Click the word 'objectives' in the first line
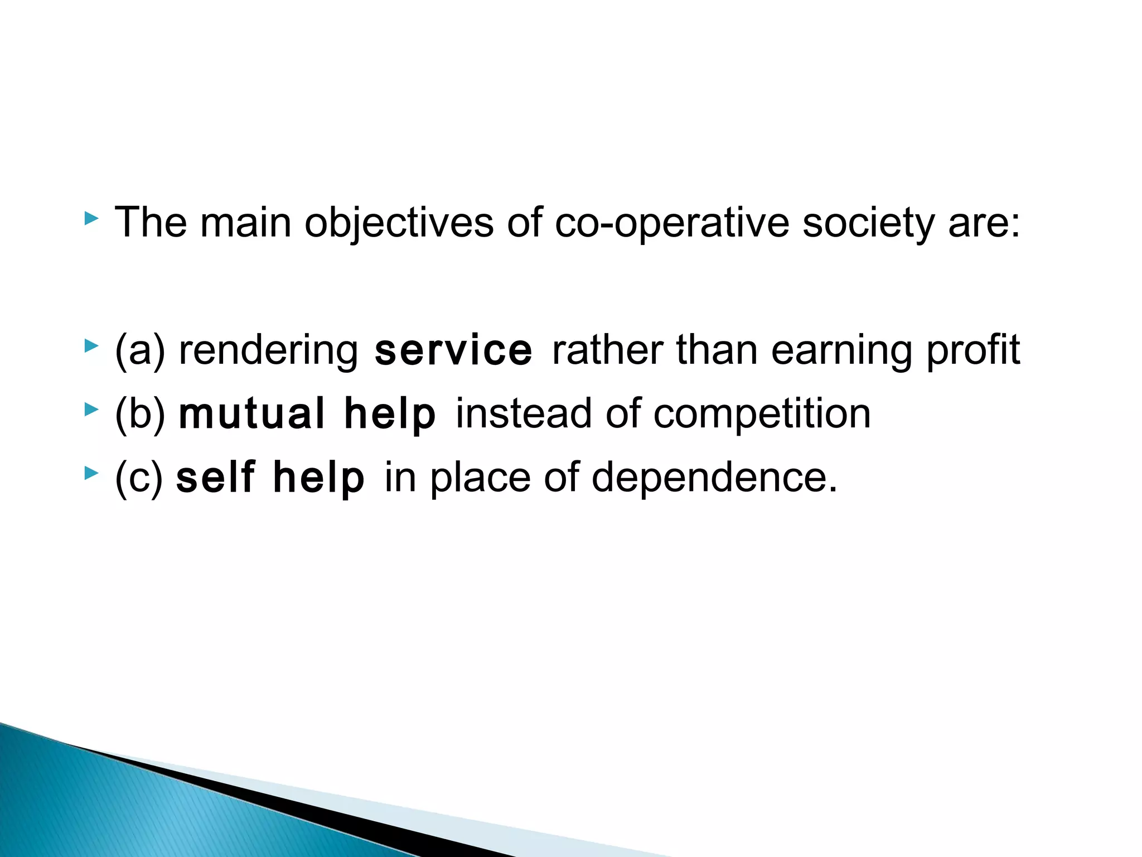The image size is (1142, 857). (399, 223)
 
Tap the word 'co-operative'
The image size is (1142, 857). (672, 223)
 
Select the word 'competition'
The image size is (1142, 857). (762, 414)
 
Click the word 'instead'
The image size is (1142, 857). (524, 414)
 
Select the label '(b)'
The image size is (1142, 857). (140, 414)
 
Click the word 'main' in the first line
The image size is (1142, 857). (245, 223)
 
